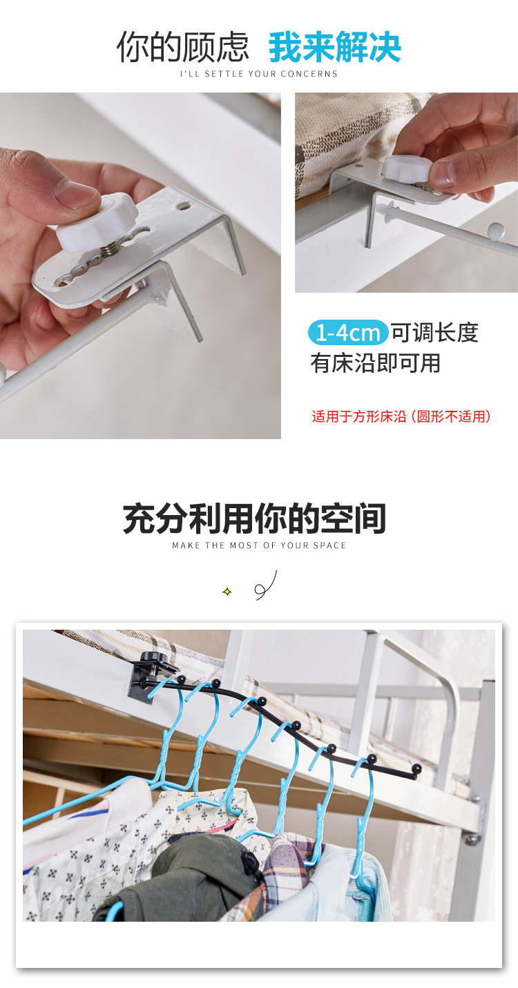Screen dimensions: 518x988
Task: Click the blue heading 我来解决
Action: tap(335, 47)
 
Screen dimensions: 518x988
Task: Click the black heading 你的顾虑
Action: tap(183, 47)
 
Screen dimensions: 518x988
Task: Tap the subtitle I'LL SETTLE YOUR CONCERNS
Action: tap(258, 74)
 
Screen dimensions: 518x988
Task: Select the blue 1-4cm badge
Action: tap(348, 333)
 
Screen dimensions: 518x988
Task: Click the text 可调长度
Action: tap(435, 333)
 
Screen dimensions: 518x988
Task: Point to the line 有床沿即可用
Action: tap(376, 363)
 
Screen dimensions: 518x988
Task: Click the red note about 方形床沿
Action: tap(401, 416)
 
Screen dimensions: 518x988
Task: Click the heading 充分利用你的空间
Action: tap(255, 519)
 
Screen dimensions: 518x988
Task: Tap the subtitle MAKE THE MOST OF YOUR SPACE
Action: tap(259, 545)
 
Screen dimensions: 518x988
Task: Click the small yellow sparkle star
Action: tap(227, 592)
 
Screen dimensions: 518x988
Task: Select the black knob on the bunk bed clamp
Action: tap(153, 659)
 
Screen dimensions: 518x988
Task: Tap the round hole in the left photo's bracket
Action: tap(184, 206)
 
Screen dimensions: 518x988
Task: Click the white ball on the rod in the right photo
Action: tap(496, 230)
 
